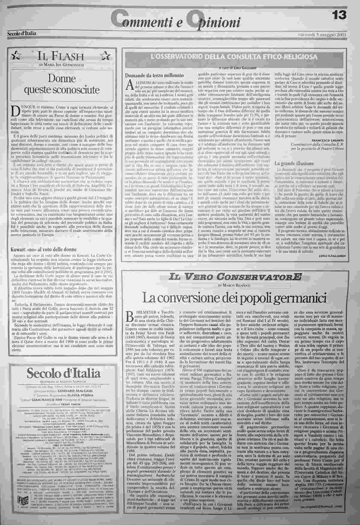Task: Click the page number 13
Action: [x=339, y=15]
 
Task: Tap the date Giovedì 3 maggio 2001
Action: [x=322, y=34]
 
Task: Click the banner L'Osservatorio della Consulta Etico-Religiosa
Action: [x=235, y=57]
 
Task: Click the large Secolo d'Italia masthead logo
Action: [x=63, y=373]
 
